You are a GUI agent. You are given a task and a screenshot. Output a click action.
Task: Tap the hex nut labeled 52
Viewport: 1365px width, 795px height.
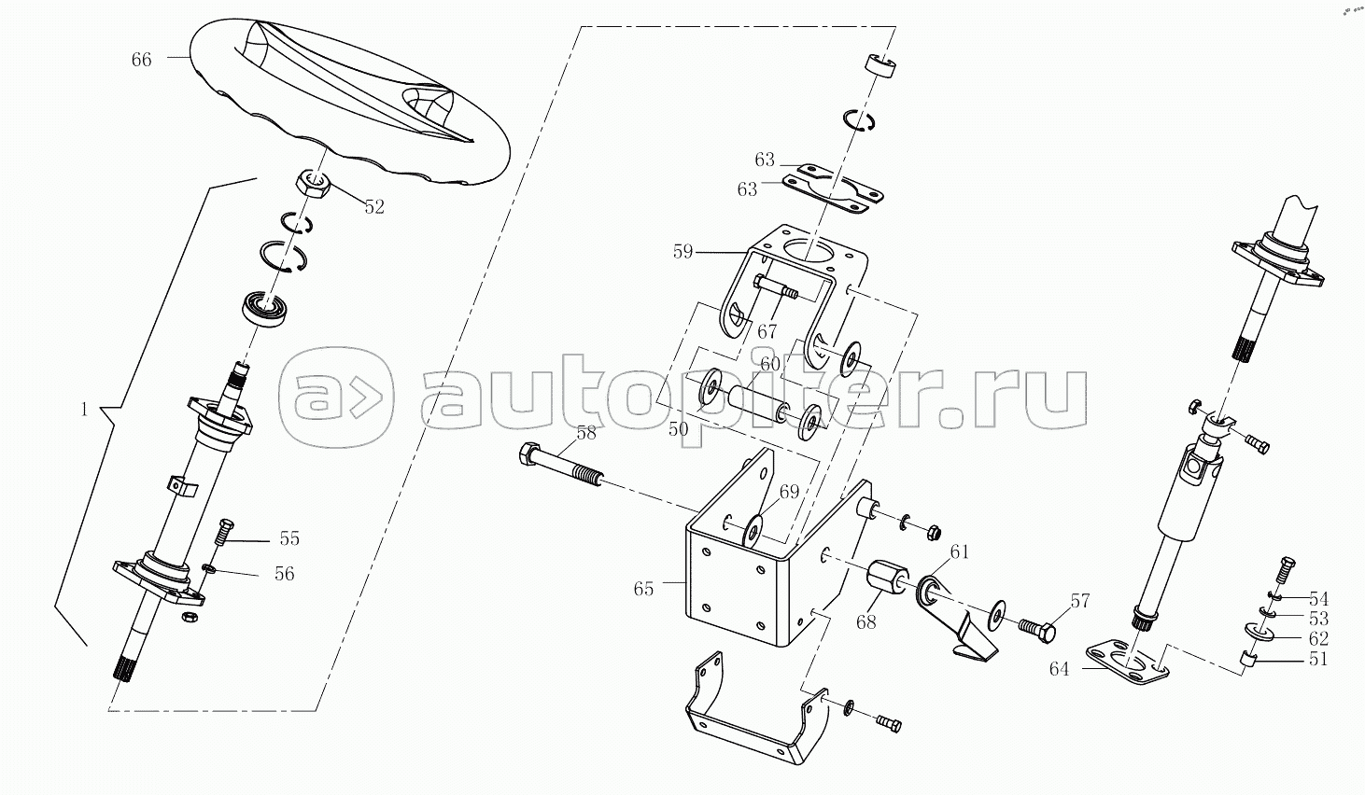click(313, 183)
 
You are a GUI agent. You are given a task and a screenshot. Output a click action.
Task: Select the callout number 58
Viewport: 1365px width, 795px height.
click(586, 433)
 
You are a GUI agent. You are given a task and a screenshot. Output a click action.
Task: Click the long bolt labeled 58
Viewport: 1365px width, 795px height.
click(560, 466)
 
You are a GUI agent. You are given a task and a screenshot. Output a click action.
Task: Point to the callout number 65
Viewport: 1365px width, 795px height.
click(643, 589)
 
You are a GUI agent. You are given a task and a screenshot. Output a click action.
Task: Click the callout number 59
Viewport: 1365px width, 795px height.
click(683, 252)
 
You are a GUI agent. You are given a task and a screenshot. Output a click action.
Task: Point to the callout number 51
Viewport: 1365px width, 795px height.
click(1318, 659)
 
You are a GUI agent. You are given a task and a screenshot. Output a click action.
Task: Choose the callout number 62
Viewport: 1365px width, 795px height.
click(1318, 638)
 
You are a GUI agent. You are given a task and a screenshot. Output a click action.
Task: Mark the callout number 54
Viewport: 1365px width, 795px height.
click(1318, 598)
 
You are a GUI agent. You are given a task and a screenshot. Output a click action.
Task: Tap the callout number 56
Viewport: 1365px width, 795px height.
click(284, 573)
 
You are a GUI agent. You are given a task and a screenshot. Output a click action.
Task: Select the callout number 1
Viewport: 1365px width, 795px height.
click(85, 410)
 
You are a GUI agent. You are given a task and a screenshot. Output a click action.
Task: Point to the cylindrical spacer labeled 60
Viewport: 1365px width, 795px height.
click(755, 403)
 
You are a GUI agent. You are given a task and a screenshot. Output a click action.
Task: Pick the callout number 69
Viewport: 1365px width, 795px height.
click(789, 492)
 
